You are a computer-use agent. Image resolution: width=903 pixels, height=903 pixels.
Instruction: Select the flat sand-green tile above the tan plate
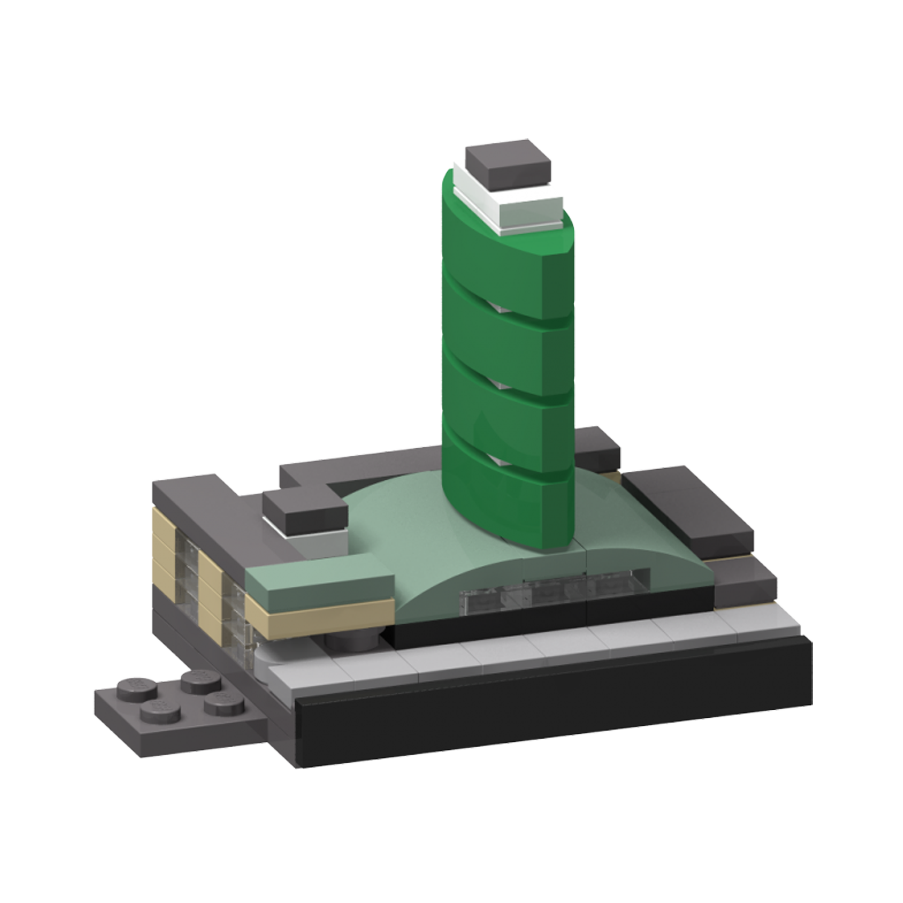click(x=318, y=582)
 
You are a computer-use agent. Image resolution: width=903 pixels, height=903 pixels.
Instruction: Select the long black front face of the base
click(x=552, y=729)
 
